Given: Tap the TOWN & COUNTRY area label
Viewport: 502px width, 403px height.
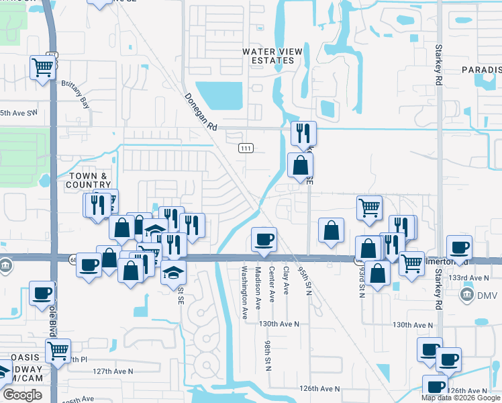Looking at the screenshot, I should [89, 180].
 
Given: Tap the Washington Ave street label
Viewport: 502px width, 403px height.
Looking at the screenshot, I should [244, 289].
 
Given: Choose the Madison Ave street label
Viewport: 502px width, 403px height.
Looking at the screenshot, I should [258, 289].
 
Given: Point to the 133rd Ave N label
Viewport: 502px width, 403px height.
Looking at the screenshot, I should [469, 277].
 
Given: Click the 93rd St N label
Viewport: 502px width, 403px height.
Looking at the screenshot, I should [362, 281].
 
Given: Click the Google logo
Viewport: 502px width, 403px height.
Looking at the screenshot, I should [21, 395].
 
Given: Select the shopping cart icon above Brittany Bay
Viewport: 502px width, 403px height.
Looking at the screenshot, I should [42, 66].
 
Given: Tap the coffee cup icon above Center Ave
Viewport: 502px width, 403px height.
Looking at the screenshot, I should [263, 238].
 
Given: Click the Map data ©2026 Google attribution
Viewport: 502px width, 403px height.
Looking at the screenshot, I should [460, 398].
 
